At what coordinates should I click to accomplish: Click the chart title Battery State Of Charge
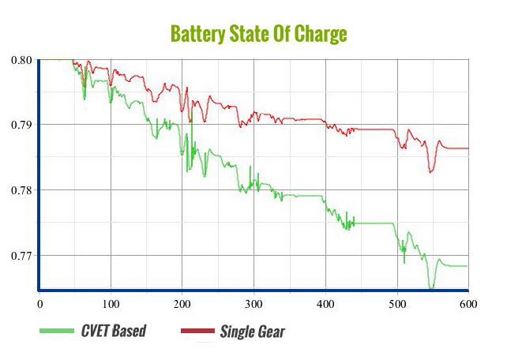pos(258,35)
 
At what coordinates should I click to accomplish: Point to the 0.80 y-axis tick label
pos(22,60)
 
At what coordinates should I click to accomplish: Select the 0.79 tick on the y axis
pos(22,125)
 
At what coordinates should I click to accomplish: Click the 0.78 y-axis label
pos(22,190)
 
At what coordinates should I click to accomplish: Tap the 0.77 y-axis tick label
pos(22,256)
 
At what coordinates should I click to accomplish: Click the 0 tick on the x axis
pos(39,302)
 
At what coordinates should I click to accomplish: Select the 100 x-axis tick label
pos(111,302)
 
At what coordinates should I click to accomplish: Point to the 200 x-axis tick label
pos(182,302)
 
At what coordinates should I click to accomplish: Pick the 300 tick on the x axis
pos(253,302)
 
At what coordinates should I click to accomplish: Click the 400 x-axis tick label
pos(325,302)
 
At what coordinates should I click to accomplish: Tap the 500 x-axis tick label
pos(396,302)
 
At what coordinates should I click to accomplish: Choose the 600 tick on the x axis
pos(468,302)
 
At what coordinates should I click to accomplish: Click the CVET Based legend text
pos(114,331)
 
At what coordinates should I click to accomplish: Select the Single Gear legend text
pos(252,331)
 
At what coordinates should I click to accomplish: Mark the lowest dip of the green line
pos(431,288)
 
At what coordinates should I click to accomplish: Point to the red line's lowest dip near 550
pos(431,171)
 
